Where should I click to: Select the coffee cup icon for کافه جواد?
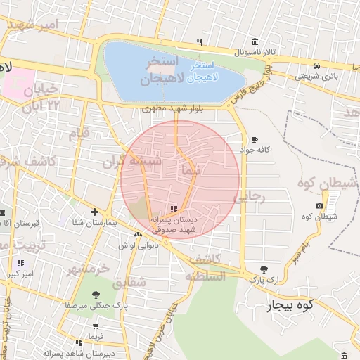(x=255, y=139)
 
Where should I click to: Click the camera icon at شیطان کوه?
(x=320, y=205)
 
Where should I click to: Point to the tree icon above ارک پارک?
(x=263, y=269)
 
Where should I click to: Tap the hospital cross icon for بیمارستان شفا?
(x=94, y=212)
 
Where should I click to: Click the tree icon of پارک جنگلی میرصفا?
(x=96, y=295)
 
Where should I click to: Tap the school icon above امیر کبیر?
(x=20, y=263)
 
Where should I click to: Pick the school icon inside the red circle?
(x=174, y=207)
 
